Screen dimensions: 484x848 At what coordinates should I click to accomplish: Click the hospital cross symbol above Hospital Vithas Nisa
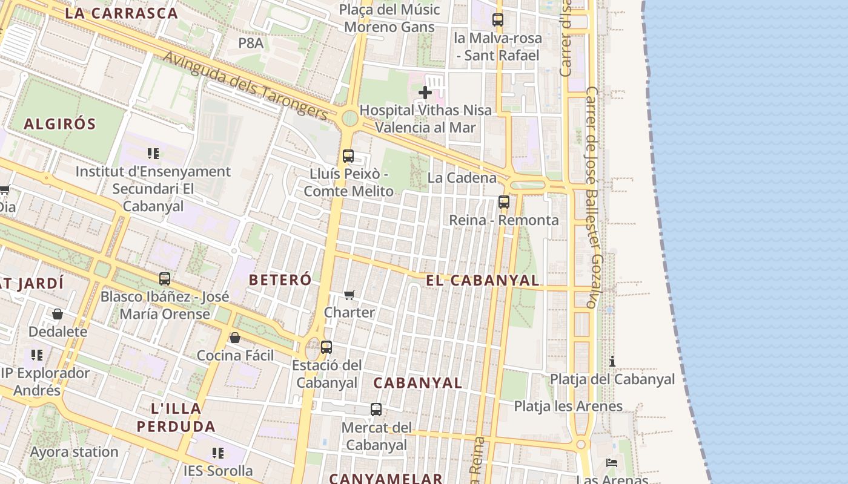(425, 93)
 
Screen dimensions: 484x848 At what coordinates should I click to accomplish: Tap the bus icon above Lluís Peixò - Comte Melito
(348, 155)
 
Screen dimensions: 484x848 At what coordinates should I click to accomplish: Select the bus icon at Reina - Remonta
(503, 202)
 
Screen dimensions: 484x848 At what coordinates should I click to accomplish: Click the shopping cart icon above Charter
(349, 295)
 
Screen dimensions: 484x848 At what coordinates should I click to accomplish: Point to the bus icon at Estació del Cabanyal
(326, 347)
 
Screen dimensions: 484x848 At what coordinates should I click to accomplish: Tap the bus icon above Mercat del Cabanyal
(376, 410)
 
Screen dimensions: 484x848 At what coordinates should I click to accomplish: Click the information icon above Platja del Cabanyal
(612, 361)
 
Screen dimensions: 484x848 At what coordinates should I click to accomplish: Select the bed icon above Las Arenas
(611, 463)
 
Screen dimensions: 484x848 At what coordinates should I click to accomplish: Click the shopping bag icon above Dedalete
(58, 314)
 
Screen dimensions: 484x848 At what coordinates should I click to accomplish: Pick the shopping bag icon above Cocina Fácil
(235, 338)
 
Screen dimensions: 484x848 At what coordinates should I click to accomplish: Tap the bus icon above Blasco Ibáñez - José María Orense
(164, 279)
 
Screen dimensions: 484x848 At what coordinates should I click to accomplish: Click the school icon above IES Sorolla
(218, 453)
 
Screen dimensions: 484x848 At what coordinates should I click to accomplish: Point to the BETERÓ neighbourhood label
(280, 280)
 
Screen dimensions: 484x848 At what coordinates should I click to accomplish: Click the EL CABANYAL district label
(482, 280)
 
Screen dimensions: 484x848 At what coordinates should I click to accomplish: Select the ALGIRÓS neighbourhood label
(60, 124)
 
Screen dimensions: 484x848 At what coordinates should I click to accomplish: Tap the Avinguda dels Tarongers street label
(246, 85)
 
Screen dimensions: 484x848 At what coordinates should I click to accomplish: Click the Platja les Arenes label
(568, 406)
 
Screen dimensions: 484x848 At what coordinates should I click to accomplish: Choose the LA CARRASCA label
(121, 13)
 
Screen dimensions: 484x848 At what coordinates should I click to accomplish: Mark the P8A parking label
(251, 43)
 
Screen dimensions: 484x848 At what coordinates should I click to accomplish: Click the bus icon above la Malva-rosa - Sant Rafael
(497, 20)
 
